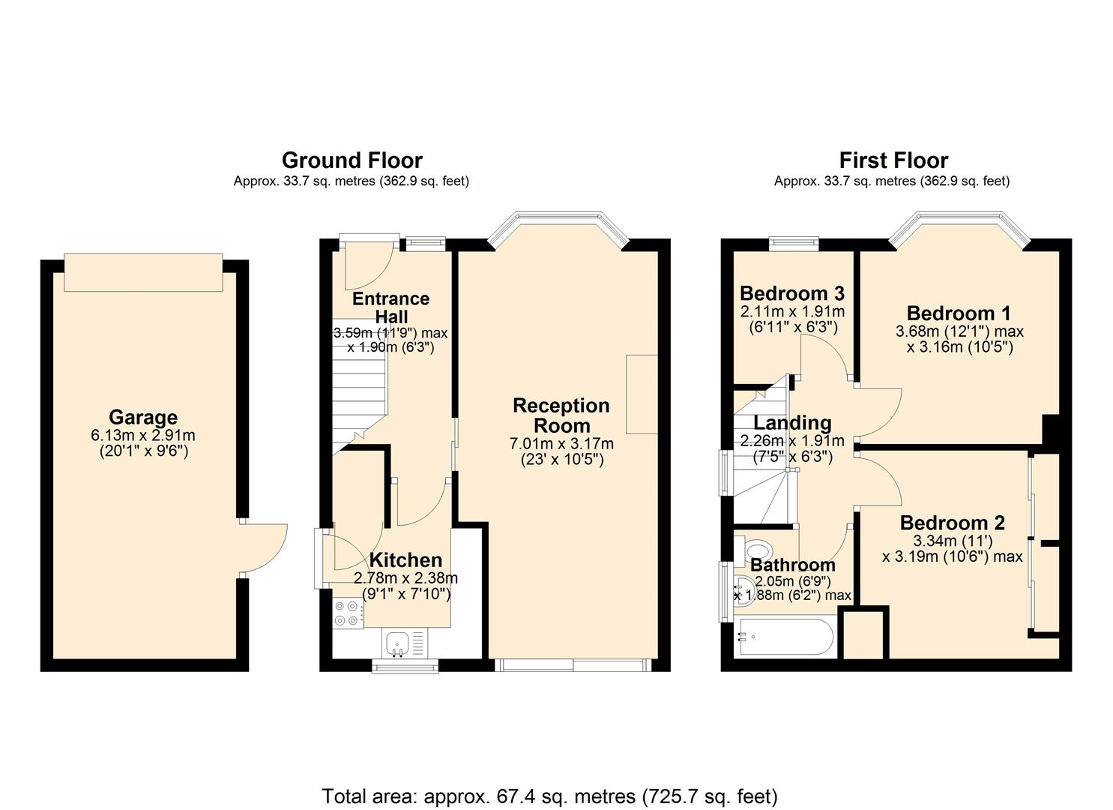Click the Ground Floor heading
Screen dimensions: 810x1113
tap(352, 160)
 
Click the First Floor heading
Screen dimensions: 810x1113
tap(893, 160)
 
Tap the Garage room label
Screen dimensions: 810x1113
tap(143, 418)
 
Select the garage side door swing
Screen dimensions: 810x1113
tap(264, 547)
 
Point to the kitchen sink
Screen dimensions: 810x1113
tap(396, 643)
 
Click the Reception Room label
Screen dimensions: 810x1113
tap(561, 415)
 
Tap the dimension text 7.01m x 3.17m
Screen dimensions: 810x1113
tap(561, 444)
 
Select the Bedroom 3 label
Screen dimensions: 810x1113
tap(792, 293)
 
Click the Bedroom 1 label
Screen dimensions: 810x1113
tap(959, 313)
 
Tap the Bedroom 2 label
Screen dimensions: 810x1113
tap(953, 523)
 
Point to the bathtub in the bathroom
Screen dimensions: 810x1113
tap(785, 637)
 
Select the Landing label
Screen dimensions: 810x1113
tap(792, 423)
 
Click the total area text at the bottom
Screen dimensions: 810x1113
tap(549, 796)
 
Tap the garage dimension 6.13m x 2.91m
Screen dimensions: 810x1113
tap(143, 436)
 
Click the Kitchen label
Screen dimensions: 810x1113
tap(405, 560)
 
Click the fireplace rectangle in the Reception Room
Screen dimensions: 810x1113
tap(642, 394)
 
